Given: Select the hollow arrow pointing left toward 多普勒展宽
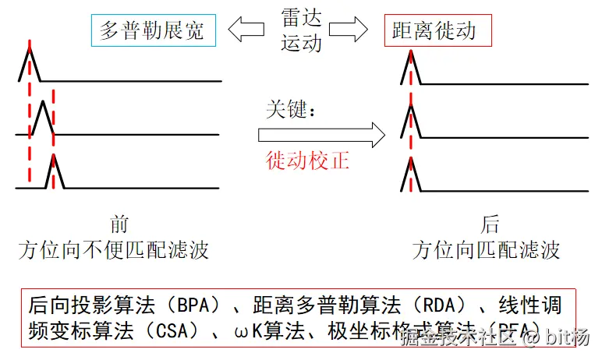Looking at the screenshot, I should [x=245, y=31].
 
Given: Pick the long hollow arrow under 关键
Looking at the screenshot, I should [x=321, y=135].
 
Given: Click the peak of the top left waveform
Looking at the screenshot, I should [x=30, y=49].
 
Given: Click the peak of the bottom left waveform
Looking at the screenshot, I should [x=53, y=157].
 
